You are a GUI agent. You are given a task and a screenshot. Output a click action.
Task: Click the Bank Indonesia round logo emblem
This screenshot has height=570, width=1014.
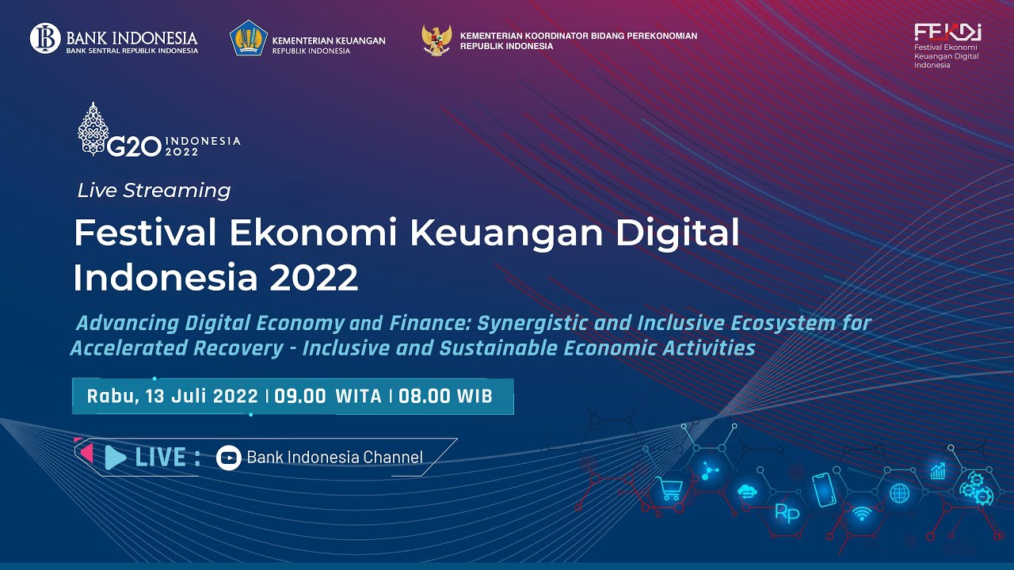coord(45,38)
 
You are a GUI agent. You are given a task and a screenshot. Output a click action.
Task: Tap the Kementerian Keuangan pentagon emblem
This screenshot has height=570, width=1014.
coord(248,38)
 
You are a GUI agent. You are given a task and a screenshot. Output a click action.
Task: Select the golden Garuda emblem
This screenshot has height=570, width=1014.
coord(436,40)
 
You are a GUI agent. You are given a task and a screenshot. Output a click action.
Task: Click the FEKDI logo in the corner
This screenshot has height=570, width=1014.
coord(947,32)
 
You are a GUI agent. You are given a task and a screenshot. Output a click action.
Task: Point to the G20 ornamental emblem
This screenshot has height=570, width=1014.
coord(93,129)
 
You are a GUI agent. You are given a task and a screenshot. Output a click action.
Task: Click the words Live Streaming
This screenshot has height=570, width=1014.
coord(154,191)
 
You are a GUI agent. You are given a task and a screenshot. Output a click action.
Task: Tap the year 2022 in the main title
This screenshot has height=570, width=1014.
coord(314,278)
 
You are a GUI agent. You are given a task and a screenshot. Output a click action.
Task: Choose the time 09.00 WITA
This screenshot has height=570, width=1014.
coord(328,397)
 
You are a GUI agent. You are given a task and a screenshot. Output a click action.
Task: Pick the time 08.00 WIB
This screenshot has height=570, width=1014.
coord(445,397)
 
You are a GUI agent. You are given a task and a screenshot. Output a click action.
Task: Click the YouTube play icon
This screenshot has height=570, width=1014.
coord(228,457)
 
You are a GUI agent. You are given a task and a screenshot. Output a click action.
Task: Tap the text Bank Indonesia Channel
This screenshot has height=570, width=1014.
coord(334,457)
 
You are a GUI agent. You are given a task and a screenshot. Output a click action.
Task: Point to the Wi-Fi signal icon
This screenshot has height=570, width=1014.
coord(861,513)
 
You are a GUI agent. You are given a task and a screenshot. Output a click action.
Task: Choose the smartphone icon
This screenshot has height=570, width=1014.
coord(824,489)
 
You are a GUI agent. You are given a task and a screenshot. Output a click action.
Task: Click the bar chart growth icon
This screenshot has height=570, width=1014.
coord(938,471)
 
